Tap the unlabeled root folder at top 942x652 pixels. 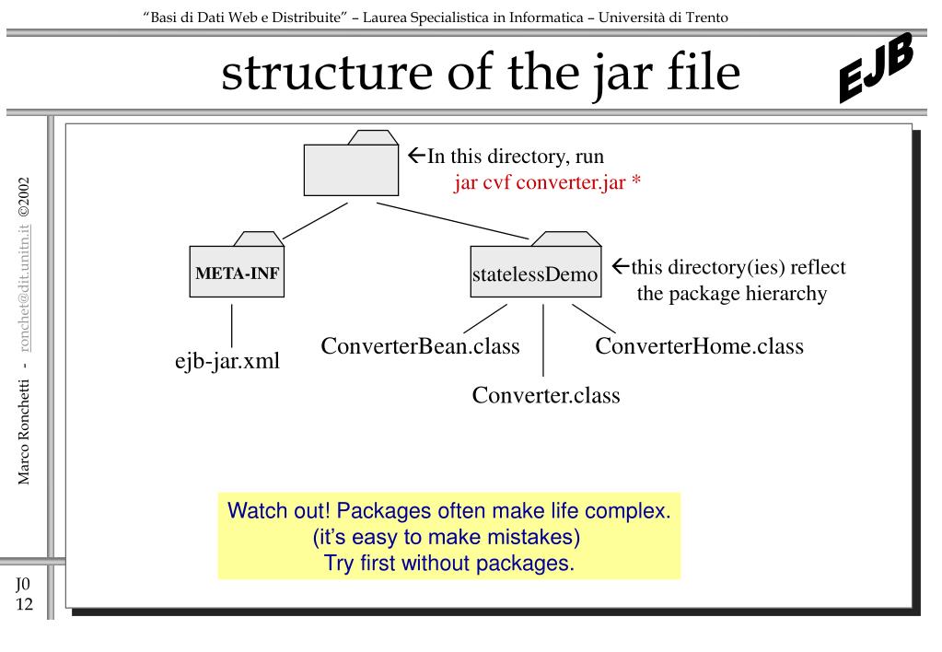point(351,167)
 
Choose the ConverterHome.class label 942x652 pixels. point(699,347)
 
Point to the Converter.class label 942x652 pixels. point(545,395)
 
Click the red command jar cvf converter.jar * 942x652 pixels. point(547,181)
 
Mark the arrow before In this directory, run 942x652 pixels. point(415,156)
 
